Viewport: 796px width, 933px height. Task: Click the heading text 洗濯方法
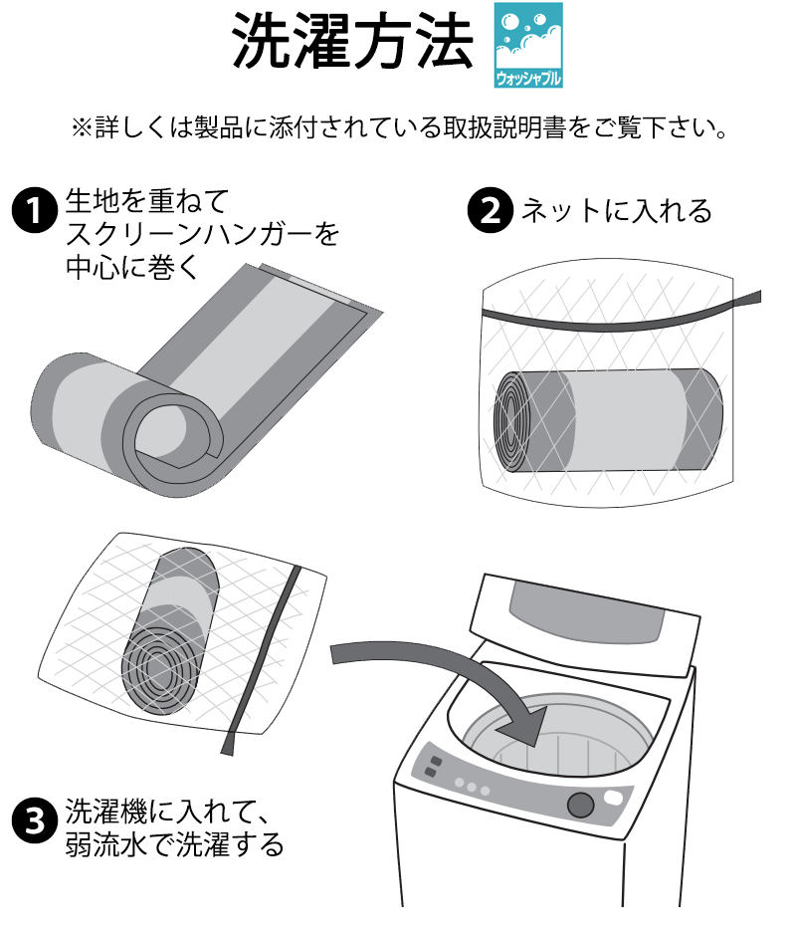[x=352, y=42]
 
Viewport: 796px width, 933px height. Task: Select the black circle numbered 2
[x=490, y=211]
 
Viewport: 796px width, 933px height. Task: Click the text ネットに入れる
[x=617, y=211]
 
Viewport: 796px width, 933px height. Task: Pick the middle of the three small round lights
[x=472, y=787]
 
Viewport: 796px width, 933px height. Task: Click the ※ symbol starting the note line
[x=81, y=127]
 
